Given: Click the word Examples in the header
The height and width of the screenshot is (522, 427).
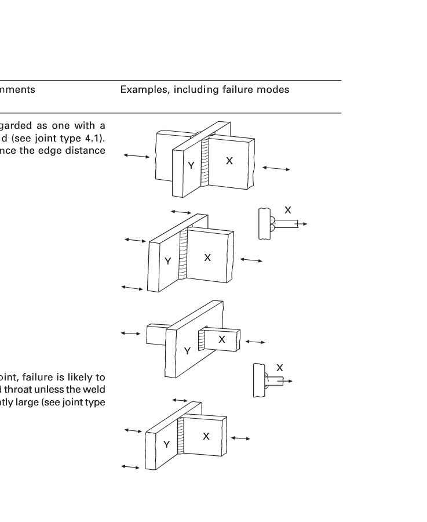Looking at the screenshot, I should (x=140, y=90).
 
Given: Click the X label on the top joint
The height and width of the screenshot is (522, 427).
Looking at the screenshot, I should (x=229, y=161).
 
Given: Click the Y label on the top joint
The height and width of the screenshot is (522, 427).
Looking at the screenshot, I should (x=191, y=166).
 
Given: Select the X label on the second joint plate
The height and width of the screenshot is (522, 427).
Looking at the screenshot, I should (x=207, y=258).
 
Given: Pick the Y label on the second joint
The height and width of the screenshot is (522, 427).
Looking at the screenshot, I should (x=167, y=262).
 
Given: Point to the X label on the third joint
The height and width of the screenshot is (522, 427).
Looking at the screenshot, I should (x=221, y=340).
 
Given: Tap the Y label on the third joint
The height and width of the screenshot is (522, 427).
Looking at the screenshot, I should (x=187, y=351).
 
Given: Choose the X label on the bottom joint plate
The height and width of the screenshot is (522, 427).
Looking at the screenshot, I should (x=206, y=436).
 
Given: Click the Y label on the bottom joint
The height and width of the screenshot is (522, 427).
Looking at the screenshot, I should (x=166, y=444).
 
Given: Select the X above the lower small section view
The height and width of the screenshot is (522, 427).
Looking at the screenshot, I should (x=280, y=368).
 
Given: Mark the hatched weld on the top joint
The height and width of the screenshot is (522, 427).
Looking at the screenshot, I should (x=206, y=163).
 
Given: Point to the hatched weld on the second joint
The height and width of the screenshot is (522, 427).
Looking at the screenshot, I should (x=184, y=255).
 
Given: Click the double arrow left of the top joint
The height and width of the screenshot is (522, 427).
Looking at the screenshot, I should (x=136, y=155).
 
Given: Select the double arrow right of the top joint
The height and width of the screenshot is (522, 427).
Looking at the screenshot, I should (x=276, y=168).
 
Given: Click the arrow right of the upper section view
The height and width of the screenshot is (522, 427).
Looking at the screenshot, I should (x=302, y=223).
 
